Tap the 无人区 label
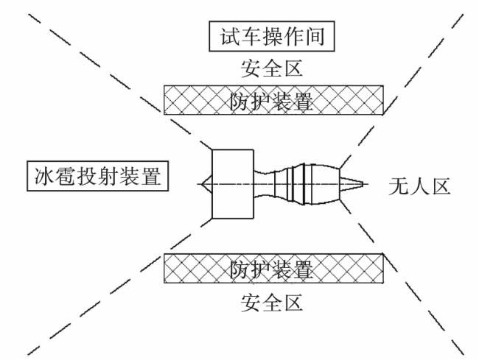pyautogui.click(x=419, y=186)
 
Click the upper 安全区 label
pyautogui.click(x=272, y=68)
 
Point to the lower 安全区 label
pyautogui.click(x=272, y=303)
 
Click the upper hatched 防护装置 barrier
pyautogui.click(x=273, y=100)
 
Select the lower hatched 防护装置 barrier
pyautogui.click(x=273, y=269)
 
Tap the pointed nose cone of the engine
pyautogui.click(x=206, y=184)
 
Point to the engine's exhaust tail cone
pyautogui.click(x=352, y=184)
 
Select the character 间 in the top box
pyautogui.click(x=315, y=36)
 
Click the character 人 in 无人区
pyautogui.click(x=419, y=186)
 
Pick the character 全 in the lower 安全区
pyautogui.click(x=272, y=303)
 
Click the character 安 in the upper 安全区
pyautogui.click(x=251, y=68)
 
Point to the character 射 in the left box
pyautogui.click(x=108, y=176)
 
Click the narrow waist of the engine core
pyautogui.click(x=265, y=184)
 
